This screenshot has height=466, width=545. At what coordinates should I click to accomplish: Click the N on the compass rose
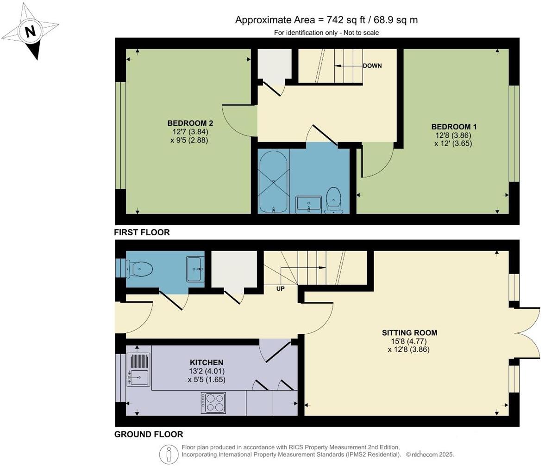point(30,32)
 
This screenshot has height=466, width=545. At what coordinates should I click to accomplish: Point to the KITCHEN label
point(207,362)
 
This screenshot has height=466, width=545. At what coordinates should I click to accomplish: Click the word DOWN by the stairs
point(372,66)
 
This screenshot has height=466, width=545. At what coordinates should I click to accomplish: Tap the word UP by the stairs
point(280,288)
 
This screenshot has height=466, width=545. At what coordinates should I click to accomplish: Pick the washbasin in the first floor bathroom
point(308,203)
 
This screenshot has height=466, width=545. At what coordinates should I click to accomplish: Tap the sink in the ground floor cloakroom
point(195,269)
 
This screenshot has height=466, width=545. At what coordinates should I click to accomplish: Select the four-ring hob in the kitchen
point(213,402)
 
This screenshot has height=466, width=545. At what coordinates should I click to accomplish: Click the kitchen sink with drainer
point(138,369)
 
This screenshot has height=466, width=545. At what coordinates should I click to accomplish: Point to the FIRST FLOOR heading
point(142,233)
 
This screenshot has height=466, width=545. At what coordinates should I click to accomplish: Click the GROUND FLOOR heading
point(149,434)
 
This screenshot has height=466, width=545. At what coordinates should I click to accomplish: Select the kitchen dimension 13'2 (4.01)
point(207,371)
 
